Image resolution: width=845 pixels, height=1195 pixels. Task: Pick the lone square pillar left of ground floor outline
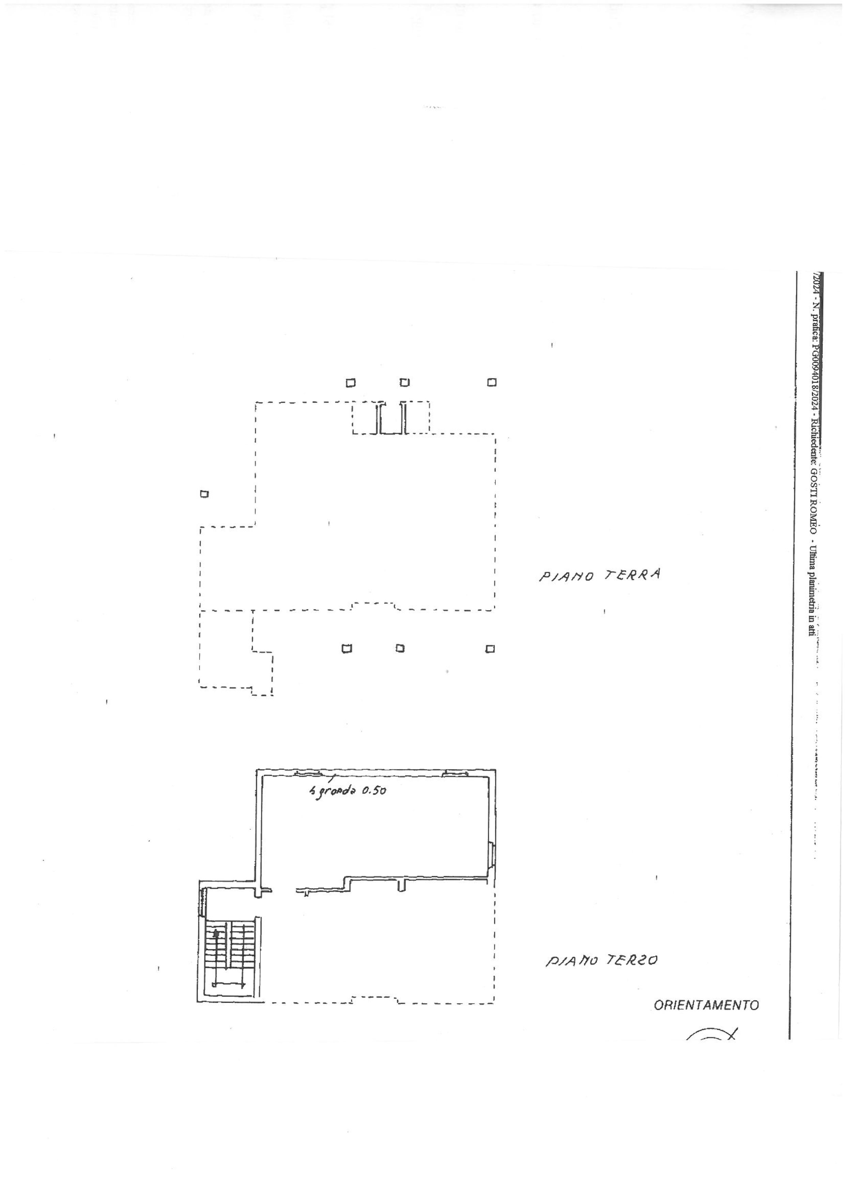(x=204, y=494)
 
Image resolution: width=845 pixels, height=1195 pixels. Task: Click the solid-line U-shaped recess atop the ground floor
(x=391, y=417)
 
